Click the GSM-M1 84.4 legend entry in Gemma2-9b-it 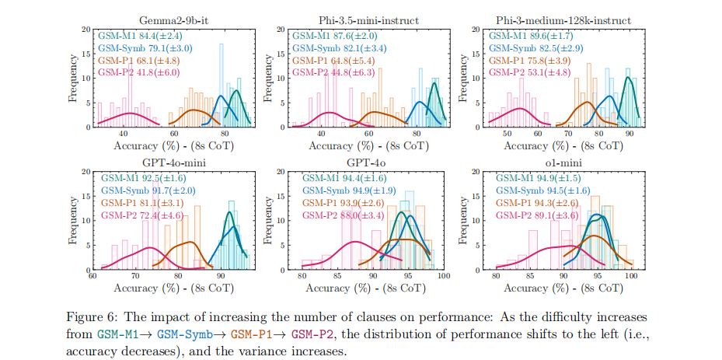point(139,35)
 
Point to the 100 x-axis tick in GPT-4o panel point(443,277)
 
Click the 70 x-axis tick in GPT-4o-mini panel point(135,277)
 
